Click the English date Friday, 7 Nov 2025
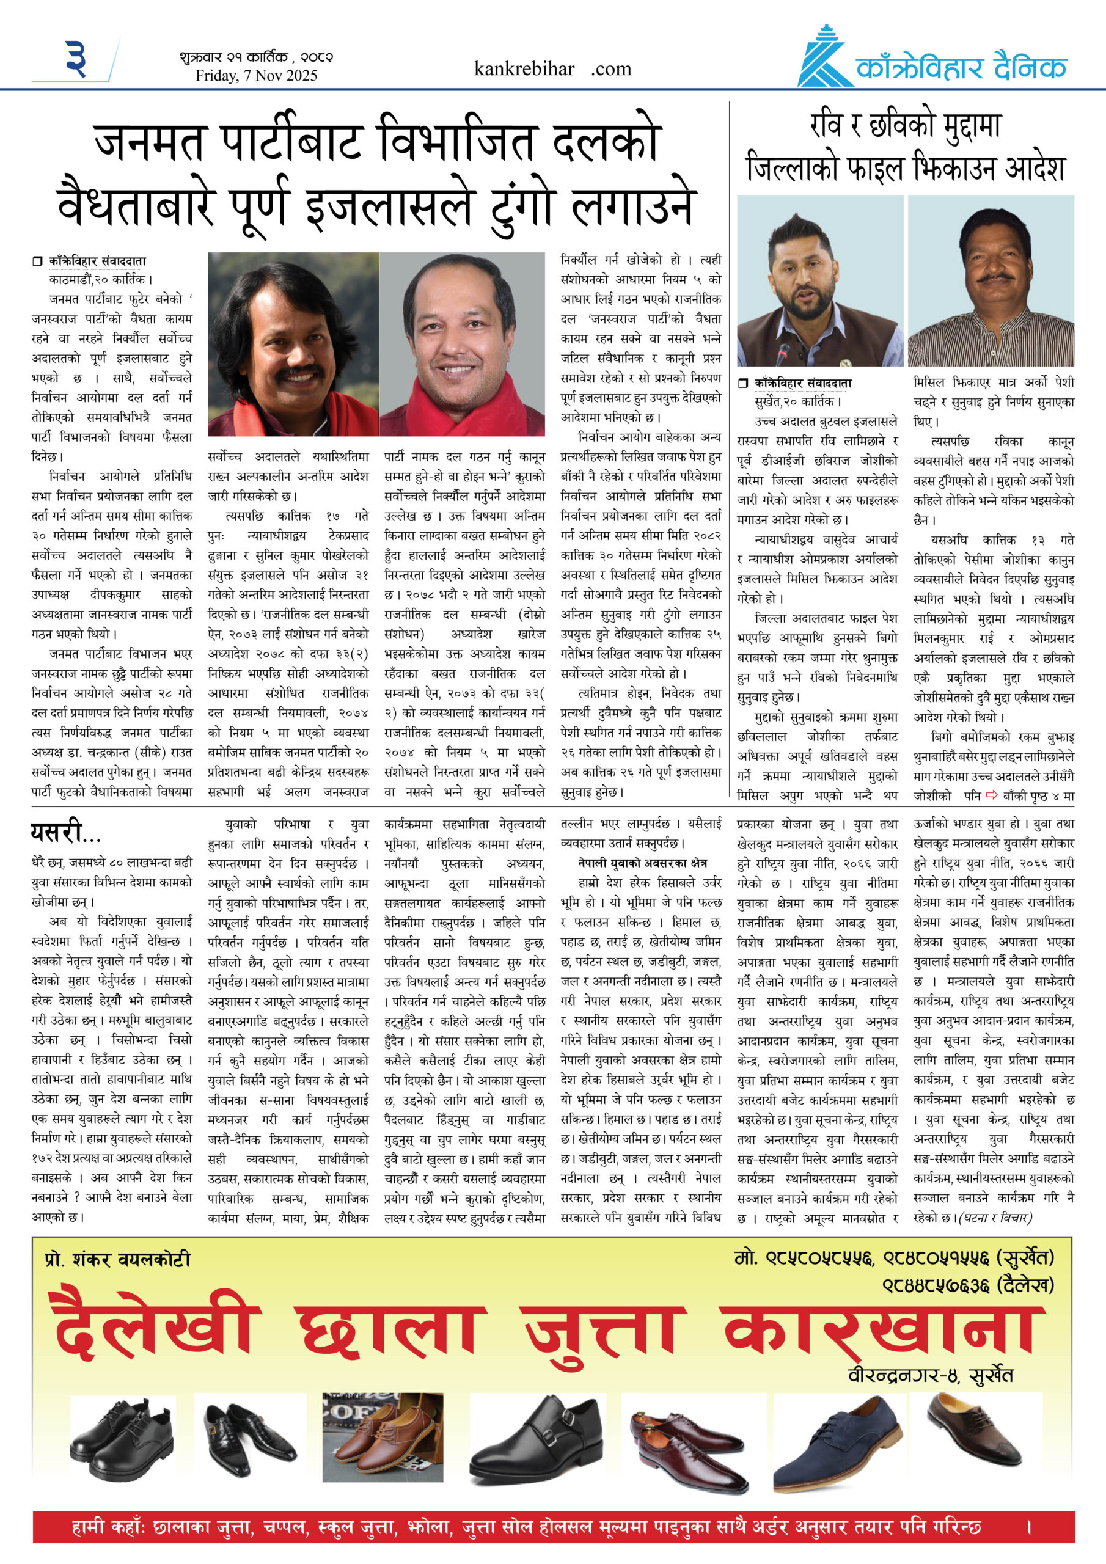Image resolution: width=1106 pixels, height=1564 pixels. (256, 76)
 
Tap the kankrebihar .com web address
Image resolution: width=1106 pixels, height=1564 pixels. (552, 69)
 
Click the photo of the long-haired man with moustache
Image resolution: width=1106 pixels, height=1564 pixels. (293, 344)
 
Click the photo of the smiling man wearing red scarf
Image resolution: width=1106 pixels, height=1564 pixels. (462, 344)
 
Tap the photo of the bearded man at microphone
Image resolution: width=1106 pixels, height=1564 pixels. (820, 280)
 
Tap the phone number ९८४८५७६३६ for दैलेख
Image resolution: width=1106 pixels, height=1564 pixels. (935, 1285)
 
